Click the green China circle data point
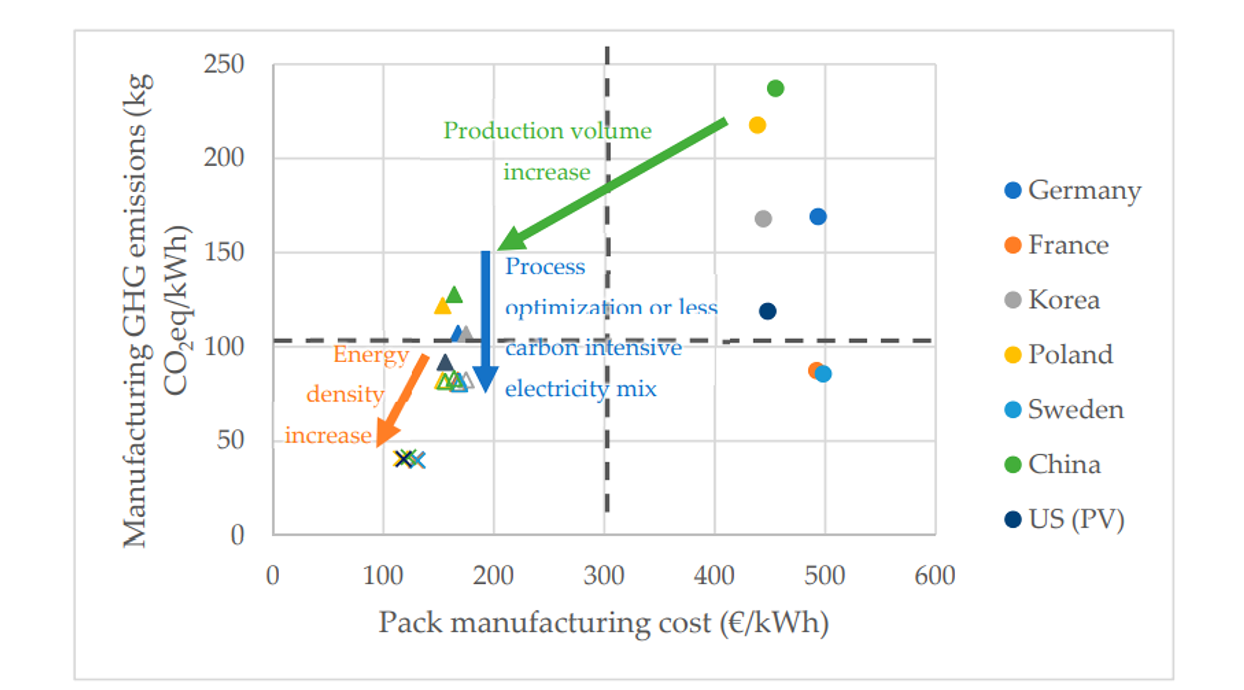tap(775, 88)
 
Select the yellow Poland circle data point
tap(757, 125)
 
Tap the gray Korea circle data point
tap(763, 219)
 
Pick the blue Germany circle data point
tap(818, 216)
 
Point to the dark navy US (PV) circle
tap(767, 311)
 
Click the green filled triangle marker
tap(454, 294)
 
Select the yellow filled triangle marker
tap(442, 305)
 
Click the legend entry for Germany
tap(1073, 191)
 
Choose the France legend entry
tap(1057, 245)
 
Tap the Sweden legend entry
tap(1064, 410)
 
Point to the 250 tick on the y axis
tap(224, 64)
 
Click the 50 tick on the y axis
tap(230, 440)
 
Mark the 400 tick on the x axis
tap(714, 576)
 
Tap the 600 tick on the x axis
tap(934, 576)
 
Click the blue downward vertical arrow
tap(486, 321)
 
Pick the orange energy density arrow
tap(402, 401)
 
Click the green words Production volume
tap(547, 131)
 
